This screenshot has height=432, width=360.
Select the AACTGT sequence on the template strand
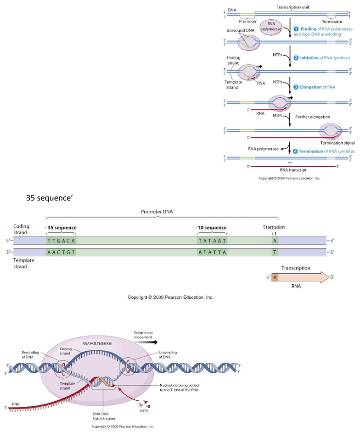point(61,252)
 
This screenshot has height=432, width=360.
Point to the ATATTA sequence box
point(212,252)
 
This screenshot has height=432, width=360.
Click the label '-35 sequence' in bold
point(61,228)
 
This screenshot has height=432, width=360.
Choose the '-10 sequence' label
point(211,228)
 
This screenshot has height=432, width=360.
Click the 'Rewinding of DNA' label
point(31,355)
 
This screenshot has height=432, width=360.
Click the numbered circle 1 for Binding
point(296,28)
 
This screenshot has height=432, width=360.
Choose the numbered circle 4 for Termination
point(296,151)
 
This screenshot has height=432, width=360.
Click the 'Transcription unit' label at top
point(294,8)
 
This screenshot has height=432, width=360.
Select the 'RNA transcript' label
point(289,170)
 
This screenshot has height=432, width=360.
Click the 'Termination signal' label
point(337,143)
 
